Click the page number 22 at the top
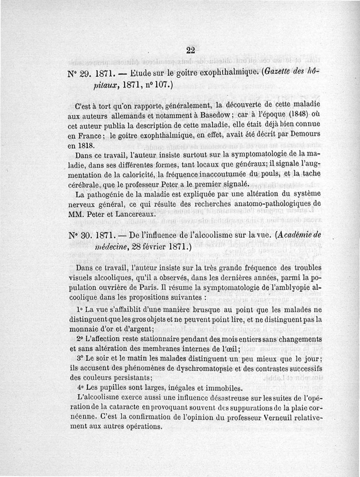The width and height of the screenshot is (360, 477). (190, 50)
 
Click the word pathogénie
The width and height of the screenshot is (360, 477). (111, 194)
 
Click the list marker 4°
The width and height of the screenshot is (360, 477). (80, 388)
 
